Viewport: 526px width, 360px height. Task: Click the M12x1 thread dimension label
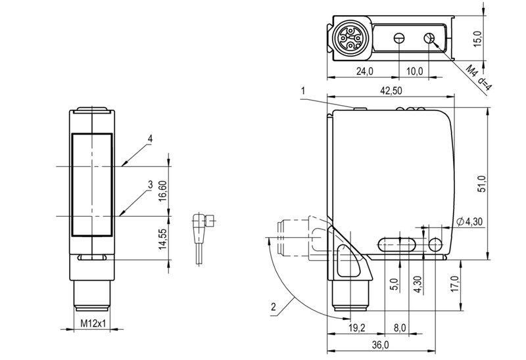[x=93, y=323]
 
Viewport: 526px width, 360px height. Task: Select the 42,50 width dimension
[x=390, y=91]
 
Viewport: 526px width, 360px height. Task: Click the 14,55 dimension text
[x=162, y=238]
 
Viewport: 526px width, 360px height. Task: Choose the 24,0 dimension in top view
[x=365, y=71]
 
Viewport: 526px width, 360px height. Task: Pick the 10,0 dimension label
[x=415, y=71]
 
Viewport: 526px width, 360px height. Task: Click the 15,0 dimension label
[x=477, y=39]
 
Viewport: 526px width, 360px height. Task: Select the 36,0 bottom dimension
[x=381, y=345]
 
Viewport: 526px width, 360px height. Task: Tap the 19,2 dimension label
[x=356, y=328]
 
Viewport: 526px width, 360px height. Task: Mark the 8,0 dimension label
[x=399, y=328]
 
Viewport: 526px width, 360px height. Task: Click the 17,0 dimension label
[x=454, y=284]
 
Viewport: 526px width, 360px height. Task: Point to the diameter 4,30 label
[x=469, y=221]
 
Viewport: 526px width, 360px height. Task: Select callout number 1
[x=303, y=91]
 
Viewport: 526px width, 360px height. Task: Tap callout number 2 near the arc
[x=274, y=307]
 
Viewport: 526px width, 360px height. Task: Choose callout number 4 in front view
[x=151, y=139]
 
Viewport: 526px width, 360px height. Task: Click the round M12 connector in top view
[x=348, y=39]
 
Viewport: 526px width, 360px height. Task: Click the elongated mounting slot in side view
[x=397, y=244]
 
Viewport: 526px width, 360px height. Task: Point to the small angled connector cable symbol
[x=203, y=238]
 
